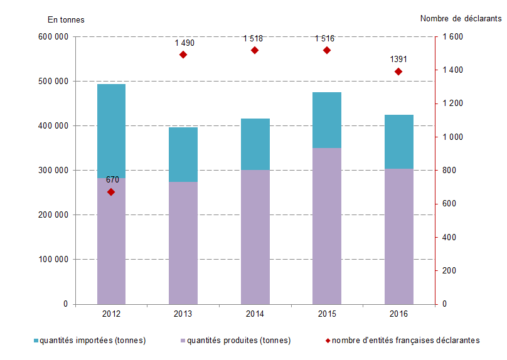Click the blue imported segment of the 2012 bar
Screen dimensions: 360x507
click(111, 130)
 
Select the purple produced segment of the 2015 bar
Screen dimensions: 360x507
click(326, 226)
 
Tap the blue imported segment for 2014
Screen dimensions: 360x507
click(255, 144)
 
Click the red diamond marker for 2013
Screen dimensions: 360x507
click(183, 55)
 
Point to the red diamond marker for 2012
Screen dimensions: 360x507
click(111, 192)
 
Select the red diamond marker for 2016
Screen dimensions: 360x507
click(398, 71)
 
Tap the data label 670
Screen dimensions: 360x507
click(112, 180)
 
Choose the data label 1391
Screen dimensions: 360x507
click(398, 60)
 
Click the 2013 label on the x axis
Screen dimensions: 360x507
click(183, 314)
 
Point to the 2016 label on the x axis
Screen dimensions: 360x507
click(398, 314)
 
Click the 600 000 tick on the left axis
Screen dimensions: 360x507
click(53, 37)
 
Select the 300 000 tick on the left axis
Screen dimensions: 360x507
click(53, 171)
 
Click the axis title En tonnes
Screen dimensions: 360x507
click(66, 19)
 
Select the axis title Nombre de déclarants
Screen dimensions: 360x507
click(461, 19)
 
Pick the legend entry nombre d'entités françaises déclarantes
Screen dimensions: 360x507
click(405, 341)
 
